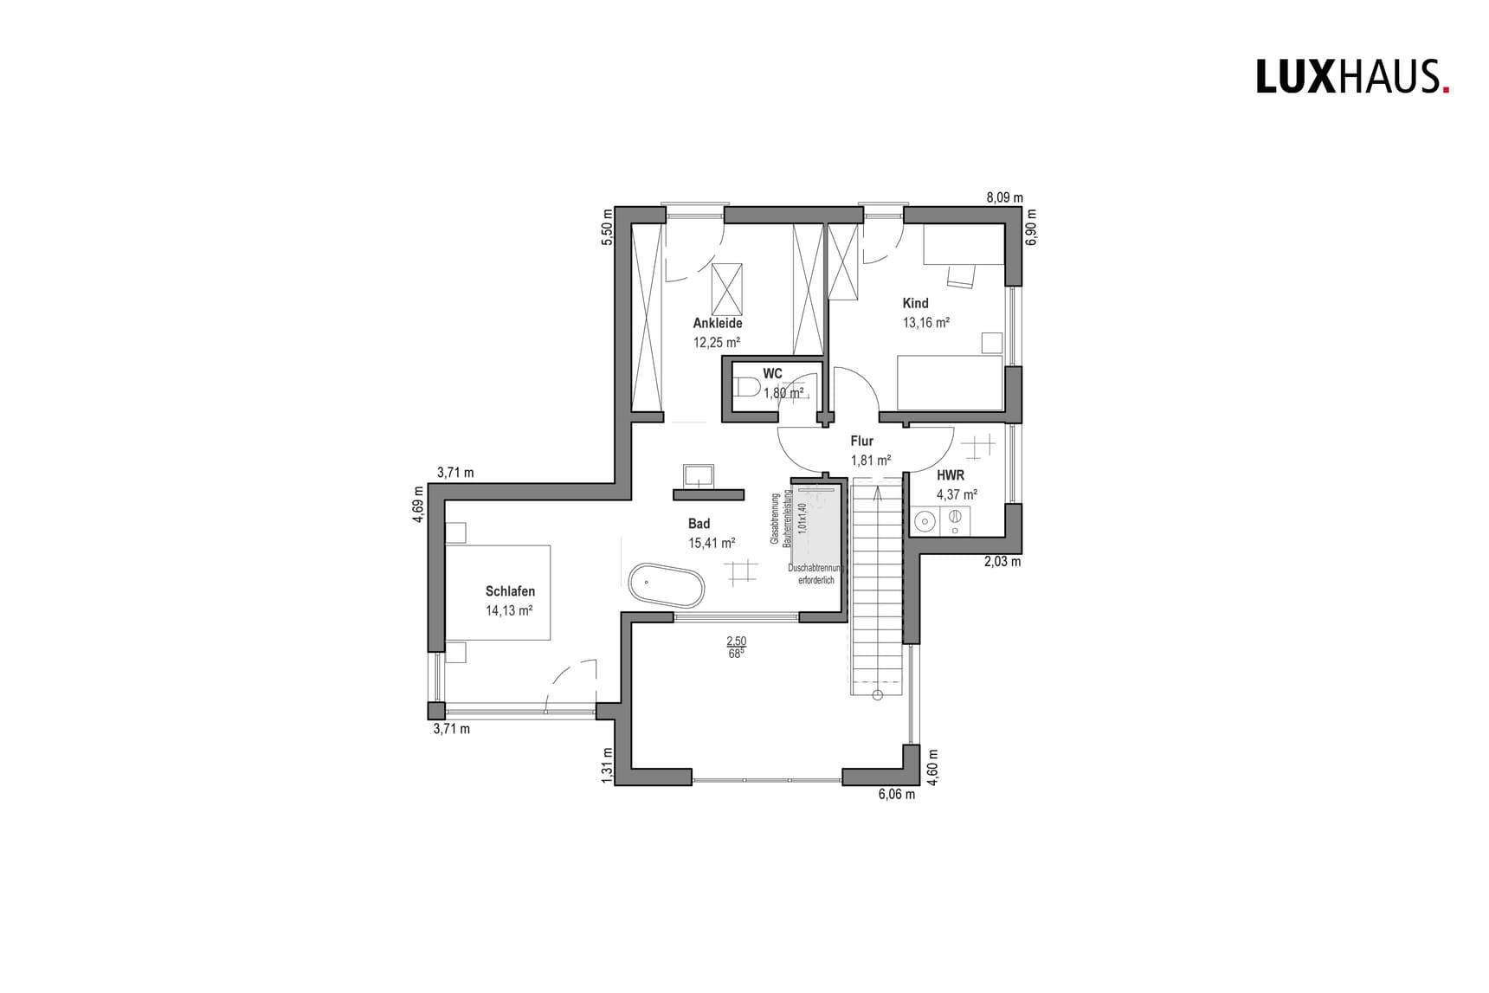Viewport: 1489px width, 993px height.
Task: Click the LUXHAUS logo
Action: point(1351,76)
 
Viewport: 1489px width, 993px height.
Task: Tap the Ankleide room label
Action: point(717,323)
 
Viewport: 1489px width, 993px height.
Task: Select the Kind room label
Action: point(915,303)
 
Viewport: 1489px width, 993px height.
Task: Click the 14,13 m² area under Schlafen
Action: point(509,610)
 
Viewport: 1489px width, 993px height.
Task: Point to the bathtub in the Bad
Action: point(666,586)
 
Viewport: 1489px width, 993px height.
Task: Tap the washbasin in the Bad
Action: point(698,475)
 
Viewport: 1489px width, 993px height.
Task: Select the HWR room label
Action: point(950,475)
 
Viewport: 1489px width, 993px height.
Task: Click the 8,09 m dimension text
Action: point(1004,197)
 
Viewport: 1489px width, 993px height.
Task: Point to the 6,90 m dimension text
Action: point(1030,227)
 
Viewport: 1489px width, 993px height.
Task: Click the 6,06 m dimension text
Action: point(896,794)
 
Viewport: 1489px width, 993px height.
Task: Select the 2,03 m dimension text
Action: point(1002,561)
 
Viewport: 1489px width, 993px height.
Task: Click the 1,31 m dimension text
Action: point(607,765)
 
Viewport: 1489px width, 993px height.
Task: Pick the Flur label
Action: point(861,441)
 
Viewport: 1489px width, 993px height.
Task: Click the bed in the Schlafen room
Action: point(498,592)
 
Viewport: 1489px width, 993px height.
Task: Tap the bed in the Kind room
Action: point(950,383)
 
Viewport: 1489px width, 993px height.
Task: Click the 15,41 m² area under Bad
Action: point(711,543)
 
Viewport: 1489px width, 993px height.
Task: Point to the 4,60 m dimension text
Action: point(932,767)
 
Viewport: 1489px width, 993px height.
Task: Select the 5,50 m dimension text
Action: point(607,227)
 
